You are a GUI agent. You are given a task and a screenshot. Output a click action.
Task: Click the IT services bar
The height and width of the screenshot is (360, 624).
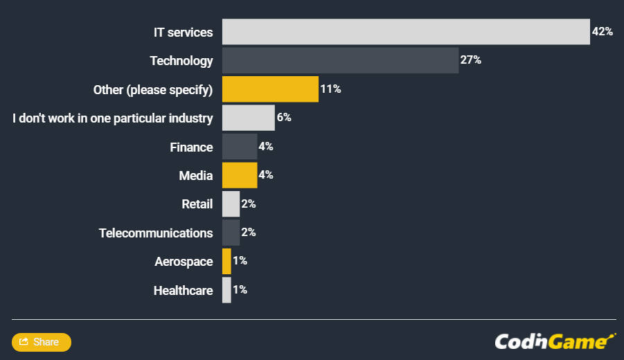click(406, 32)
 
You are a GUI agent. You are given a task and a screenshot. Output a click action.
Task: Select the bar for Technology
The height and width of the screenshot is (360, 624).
click(340, 60)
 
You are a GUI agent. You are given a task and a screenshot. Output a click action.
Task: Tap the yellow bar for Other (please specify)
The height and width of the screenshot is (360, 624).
click(270, 89)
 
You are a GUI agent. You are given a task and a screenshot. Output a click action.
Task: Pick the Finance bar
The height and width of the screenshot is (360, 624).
click(240, 147)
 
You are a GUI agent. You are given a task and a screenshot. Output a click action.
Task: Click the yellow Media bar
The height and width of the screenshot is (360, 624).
click(240, 175)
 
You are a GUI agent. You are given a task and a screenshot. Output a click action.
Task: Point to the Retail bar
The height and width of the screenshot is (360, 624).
click(231, 204)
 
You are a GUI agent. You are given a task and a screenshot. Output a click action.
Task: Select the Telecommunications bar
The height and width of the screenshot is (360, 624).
click(231, 233)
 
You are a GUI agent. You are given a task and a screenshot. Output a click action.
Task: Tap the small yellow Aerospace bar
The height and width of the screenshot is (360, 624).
click(226, 261)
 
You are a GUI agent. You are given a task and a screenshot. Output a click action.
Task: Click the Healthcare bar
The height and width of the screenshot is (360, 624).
click(226, 290)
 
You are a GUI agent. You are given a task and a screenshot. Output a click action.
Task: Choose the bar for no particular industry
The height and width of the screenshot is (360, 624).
click(249, 118)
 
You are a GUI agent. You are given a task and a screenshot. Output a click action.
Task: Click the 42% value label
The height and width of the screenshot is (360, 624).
click(602, 32)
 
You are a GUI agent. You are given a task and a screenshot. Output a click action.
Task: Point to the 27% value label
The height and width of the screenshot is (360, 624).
click(470, 60)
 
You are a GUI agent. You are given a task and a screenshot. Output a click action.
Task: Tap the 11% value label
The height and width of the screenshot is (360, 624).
click(330, 89)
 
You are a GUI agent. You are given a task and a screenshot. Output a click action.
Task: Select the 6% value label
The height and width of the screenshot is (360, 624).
click(284, 118)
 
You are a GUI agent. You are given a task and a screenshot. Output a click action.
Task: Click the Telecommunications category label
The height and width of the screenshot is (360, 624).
click(156, 233)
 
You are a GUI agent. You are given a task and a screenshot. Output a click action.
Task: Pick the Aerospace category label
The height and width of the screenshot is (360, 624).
click(184, 261)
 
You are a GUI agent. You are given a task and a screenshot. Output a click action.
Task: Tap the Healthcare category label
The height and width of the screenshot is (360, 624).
click(183, 290)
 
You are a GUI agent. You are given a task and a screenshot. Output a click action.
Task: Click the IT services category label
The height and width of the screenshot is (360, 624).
click(183, 32)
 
